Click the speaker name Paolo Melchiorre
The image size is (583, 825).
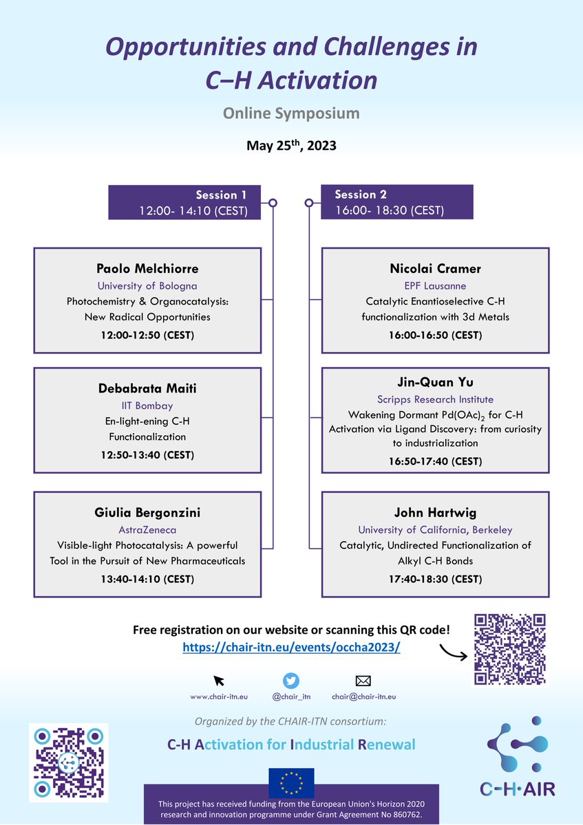click(147, 267)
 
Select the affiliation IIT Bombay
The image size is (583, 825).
click(147, 406)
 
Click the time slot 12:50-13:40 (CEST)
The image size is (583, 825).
click(147, 454)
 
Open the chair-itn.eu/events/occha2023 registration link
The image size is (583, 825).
click(291, 648)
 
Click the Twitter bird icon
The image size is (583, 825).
click(292, 681)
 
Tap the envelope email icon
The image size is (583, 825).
click(363, 681)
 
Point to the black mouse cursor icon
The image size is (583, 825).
click(219, 681)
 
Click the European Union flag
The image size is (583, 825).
click(291, 783)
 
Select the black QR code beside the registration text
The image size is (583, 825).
click(511, 649)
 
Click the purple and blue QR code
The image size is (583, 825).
click(69, 762)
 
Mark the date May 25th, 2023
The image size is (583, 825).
click(291, 146)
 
